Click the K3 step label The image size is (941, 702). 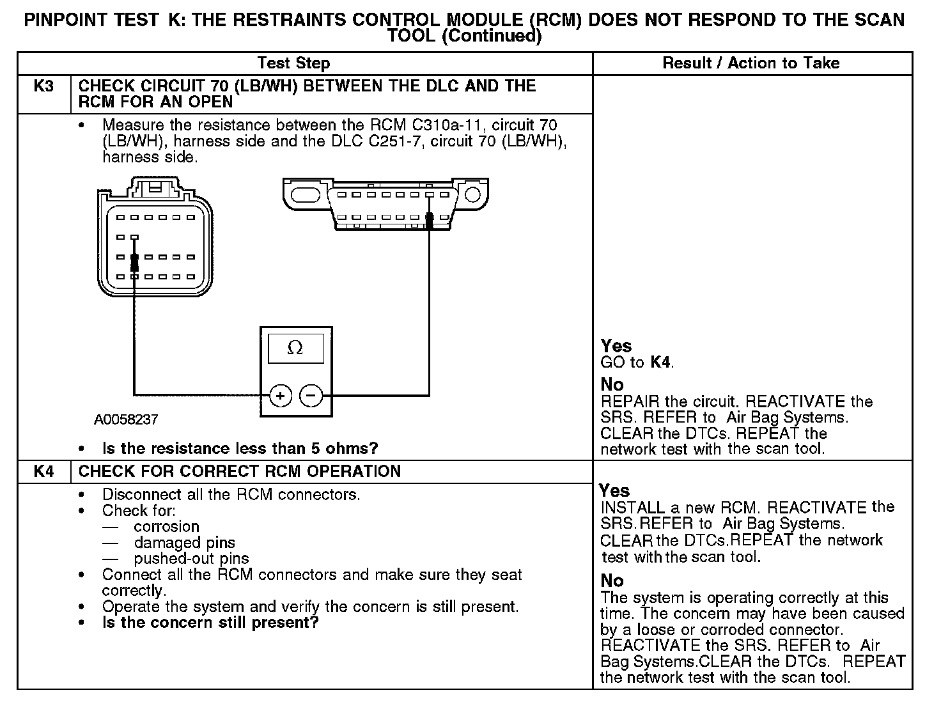click(43, 86)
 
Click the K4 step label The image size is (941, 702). click(43, 472)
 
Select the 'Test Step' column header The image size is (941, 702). click(293, 63)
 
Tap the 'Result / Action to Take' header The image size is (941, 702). click(751, 63)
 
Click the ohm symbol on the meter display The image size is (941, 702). click(295, 348)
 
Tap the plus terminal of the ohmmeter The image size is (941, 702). click(281, 396)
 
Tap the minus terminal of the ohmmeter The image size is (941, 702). click(311, 396)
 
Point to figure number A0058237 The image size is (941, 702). click(126, 420)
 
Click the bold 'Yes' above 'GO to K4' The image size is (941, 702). click(616, 347)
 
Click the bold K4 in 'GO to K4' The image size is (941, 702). click(661, 363)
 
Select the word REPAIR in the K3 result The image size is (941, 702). click(630, 402)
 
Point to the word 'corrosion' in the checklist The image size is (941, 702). click(166, 527)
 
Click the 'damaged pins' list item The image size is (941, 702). click(184, 543)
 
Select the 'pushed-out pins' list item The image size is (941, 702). click(191, 559)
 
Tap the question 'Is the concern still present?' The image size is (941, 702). click(210, 623)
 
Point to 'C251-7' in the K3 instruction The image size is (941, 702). click(394, 141)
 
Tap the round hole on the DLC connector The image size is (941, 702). click(472, 193)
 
